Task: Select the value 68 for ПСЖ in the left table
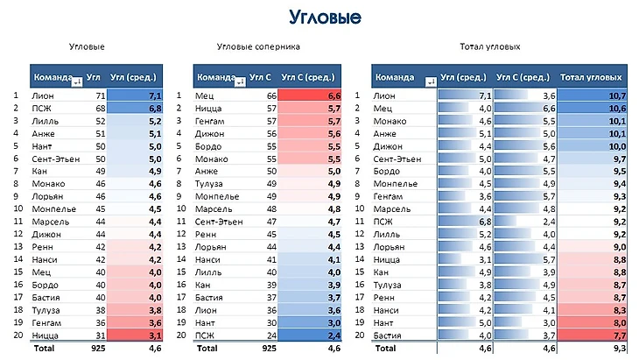[100, 108]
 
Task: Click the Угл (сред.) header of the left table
[137, 77]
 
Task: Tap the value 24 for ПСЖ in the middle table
[270, 334]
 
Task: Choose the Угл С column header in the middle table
[261, 77]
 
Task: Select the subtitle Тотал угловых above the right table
[489, 47]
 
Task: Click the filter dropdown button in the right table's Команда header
[430, 81]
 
